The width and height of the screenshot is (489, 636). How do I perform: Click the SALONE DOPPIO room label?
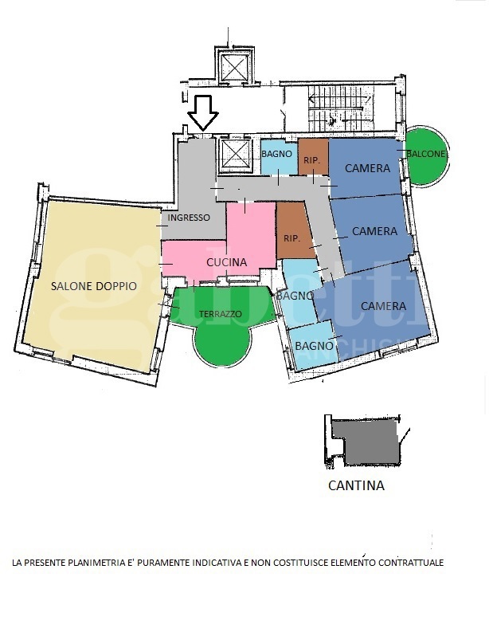(94, 286)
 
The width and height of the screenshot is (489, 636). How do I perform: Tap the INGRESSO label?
(189, 218)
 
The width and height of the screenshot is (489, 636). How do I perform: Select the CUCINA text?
(227, 262)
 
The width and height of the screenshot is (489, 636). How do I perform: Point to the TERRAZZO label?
(221, 314)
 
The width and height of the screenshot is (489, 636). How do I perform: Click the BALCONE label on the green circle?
(426, 154)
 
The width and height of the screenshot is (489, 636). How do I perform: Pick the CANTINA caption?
(356, 485)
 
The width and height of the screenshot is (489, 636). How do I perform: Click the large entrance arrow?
(203, 112)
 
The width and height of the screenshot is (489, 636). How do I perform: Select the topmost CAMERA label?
(367, 168)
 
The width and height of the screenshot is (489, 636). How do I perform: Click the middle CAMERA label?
(374, 231)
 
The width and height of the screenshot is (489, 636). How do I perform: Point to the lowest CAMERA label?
(383, 306)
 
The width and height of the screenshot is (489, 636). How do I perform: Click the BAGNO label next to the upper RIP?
(276, 154)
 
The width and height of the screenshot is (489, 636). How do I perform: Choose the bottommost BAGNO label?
(315, 346)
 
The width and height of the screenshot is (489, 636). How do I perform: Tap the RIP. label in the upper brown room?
(312, 161)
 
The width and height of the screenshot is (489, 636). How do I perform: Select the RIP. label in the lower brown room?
(291, 238)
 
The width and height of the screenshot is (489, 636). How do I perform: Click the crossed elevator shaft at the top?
(235, 67)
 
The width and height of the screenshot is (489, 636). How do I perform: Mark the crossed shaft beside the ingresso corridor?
(235, 155)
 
